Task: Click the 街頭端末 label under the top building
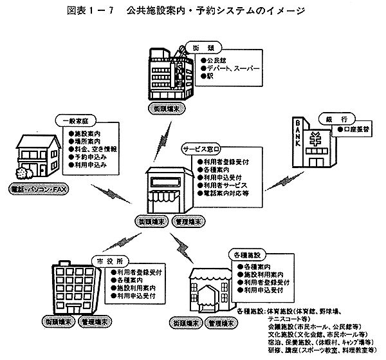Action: (x=167, y=109)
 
